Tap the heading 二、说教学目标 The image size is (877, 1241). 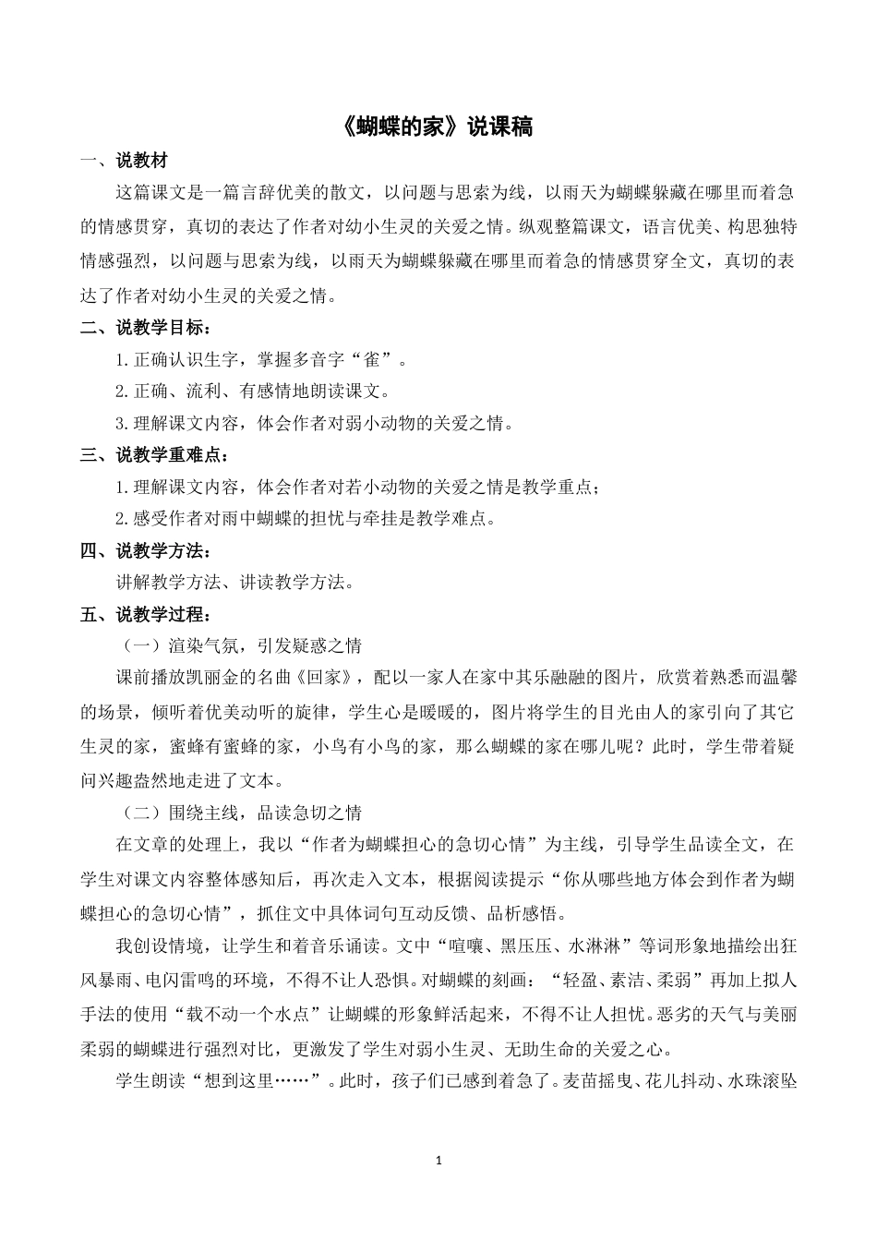tap(145, 328)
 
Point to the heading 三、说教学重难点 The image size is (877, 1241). tap(154, 454)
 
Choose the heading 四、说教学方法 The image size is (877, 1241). tap(145, 551)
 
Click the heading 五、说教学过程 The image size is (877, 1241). tap(145, 614)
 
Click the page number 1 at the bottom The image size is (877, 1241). tap(438, 1160)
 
